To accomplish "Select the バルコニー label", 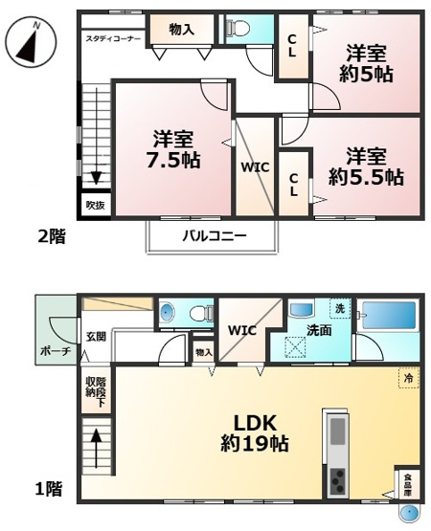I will [215, 235].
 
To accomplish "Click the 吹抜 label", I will [94, 205].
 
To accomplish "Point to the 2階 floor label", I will [52, 235].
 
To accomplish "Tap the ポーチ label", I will [55, 352].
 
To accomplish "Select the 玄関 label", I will [96, 336].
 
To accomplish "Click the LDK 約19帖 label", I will [256, 432].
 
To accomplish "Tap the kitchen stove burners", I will [338, 482].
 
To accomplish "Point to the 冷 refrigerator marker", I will [408, 379].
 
